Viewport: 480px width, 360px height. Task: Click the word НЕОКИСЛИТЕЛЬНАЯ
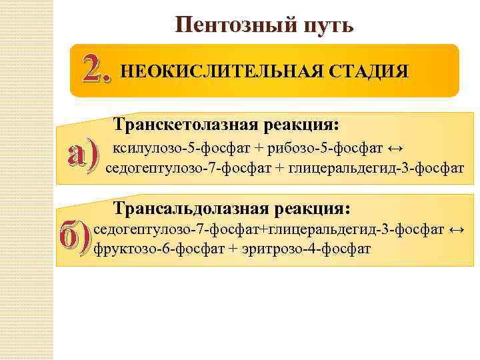220,71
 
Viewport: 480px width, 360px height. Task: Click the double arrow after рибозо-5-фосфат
395,147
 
